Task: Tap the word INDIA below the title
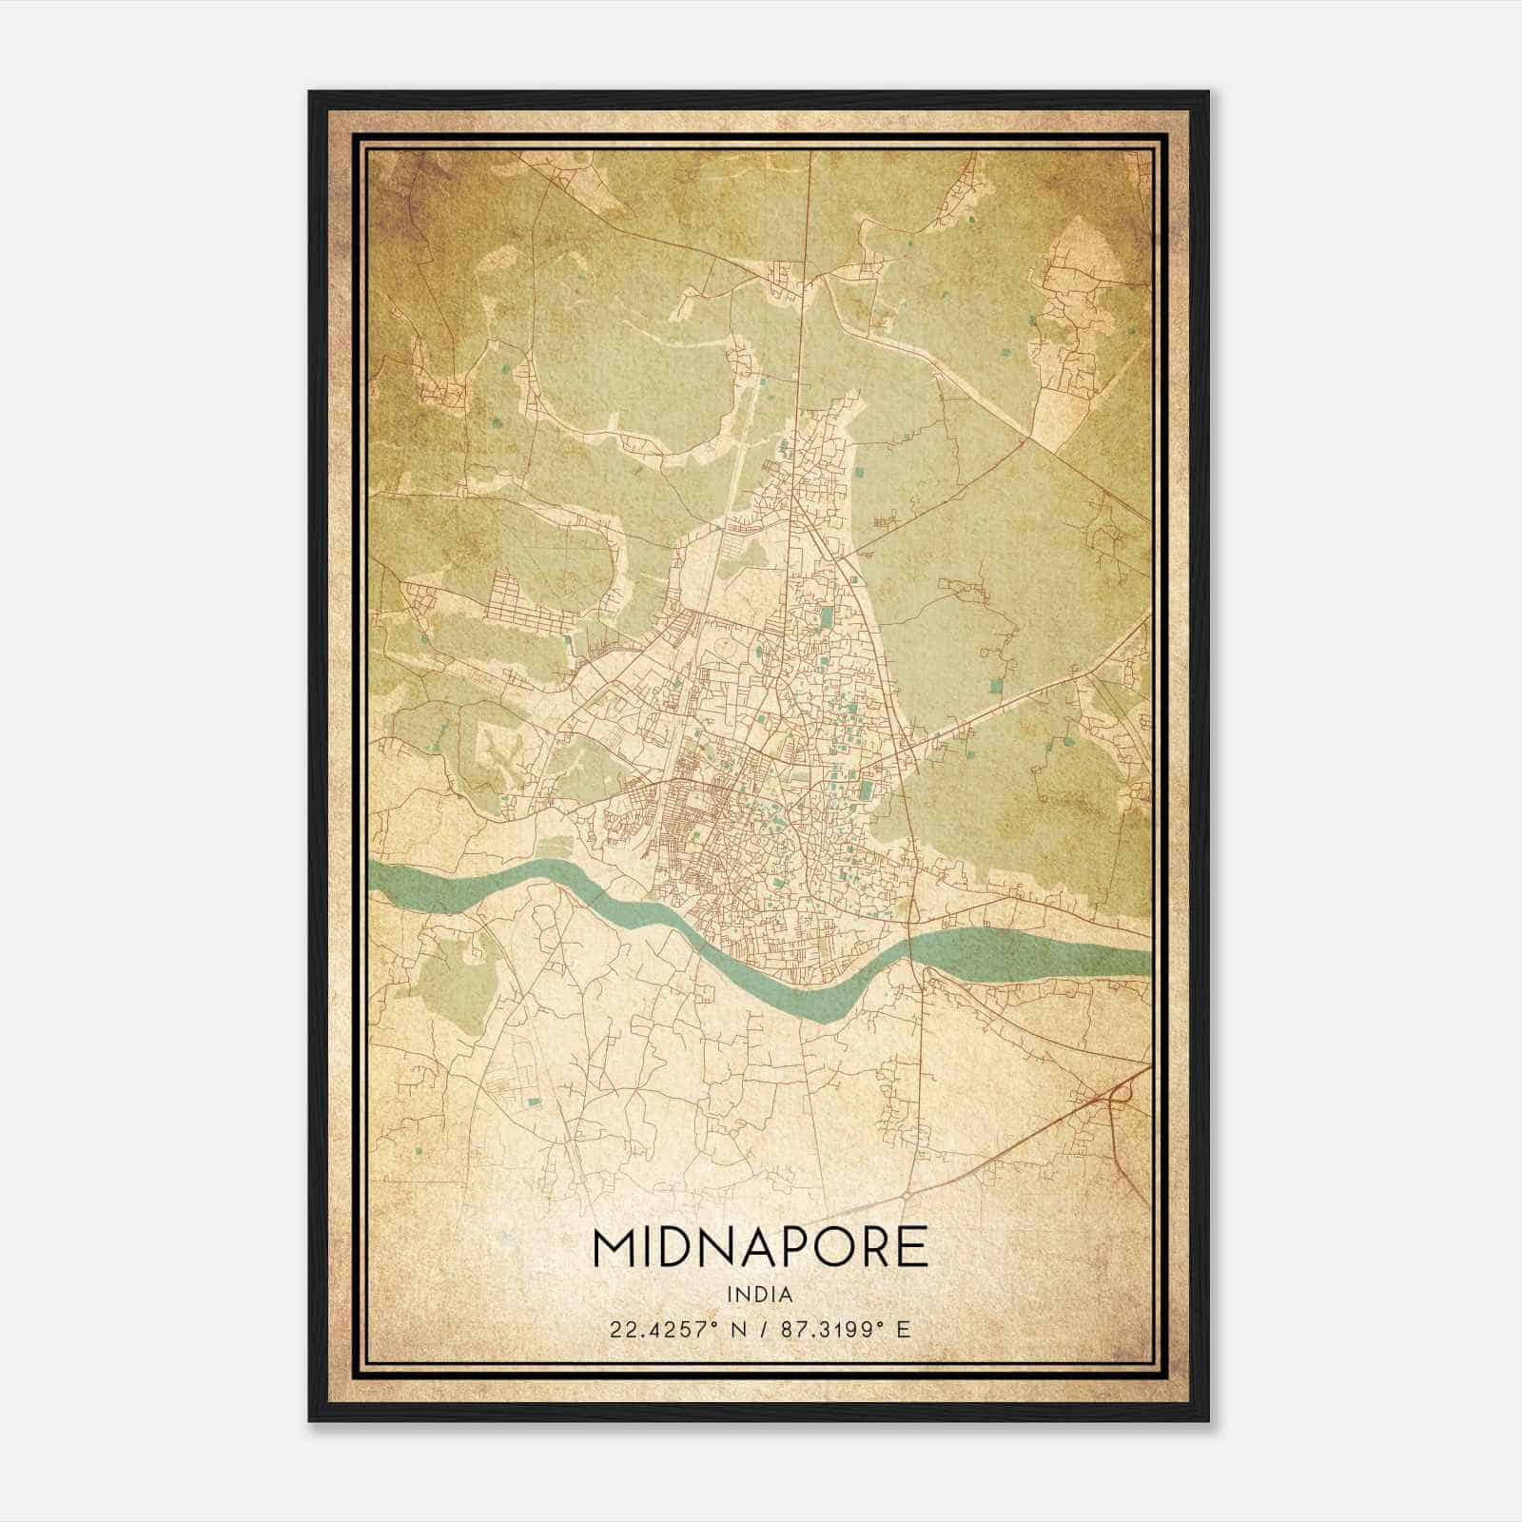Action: (x=759, y=1295)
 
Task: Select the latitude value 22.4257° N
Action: (x=665, y=1329)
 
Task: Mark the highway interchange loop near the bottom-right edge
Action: (x=1119, y=1093)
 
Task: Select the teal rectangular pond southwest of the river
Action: (x=533, y=1102)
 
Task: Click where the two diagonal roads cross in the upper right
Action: (x=1023, y=441)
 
